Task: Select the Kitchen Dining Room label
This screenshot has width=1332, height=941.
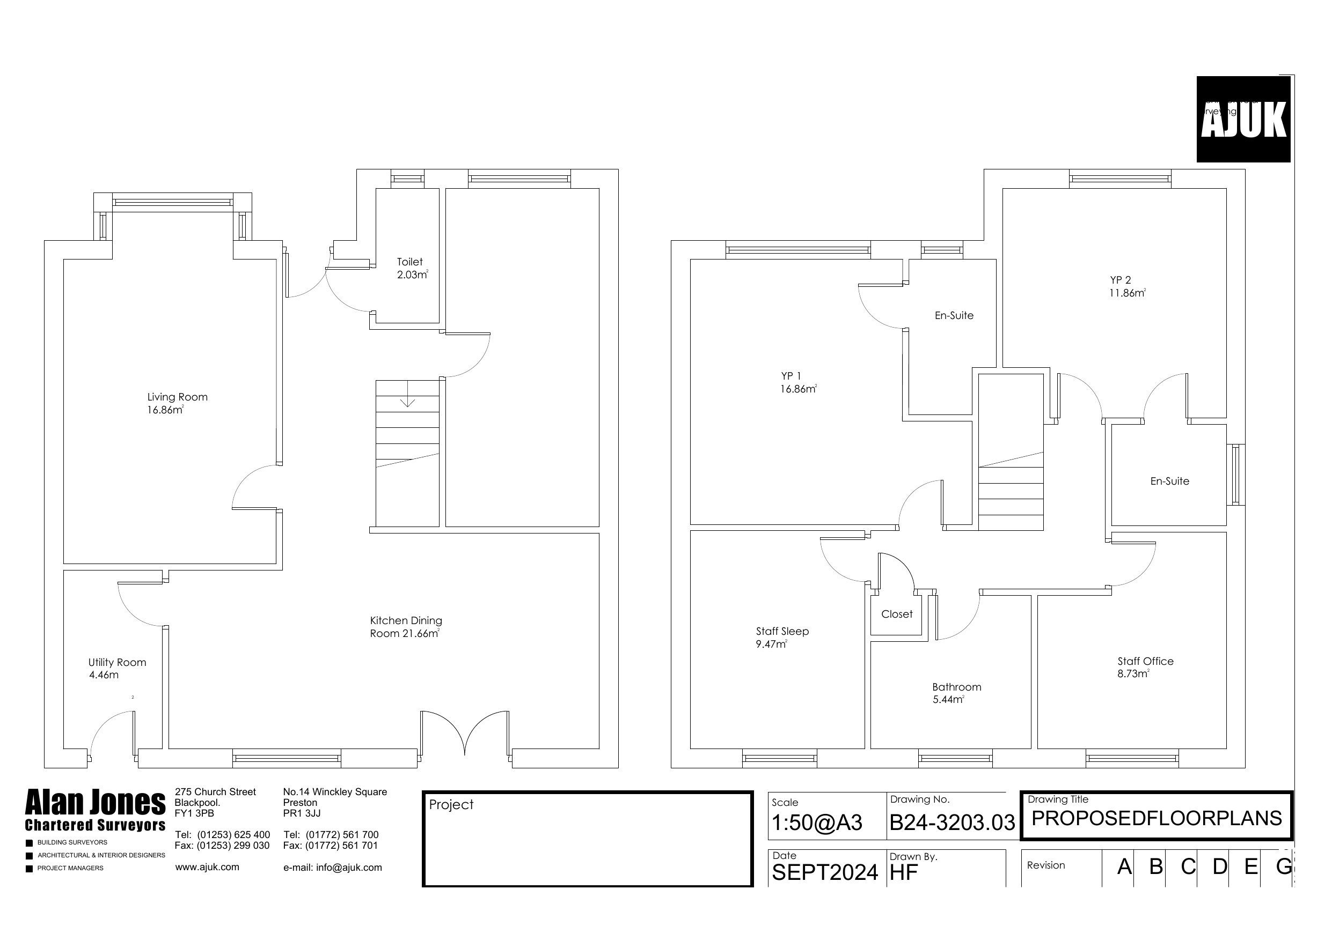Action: point(406,627)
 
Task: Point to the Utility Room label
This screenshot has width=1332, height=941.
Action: point(116,669)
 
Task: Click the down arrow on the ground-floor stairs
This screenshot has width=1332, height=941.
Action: point(408,401)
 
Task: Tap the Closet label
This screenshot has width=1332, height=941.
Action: point(896,614)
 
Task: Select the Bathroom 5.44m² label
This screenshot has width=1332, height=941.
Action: point(956,693)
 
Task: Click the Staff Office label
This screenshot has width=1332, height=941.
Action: point(1145,668)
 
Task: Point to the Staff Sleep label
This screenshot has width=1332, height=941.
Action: point(781,637)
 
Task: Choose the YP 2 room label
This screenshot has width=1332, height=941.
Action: point(1126,286)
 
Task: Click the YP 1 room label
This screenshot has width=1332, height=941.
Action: point(797,383)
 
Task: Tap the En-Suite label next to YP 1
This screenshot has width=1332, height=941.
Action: point(954,315)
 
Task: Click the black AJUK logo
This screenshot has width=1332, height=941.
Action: point(1243,120)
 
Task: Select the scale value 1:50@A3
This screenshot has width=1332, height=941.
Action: point(817,823)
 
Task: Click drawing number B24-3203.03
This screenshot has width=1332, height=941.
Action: point(952,823)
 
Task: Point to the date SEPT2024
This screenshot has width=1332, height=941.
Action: point(824,872)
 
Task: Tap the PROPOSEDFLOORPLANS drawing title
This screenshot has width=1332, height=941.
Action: point(1156,818)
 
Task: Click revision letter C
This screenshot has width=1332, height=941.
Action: point(1188,866)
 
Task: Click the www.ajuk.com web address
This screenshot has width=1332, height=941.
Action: point(207,867)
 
